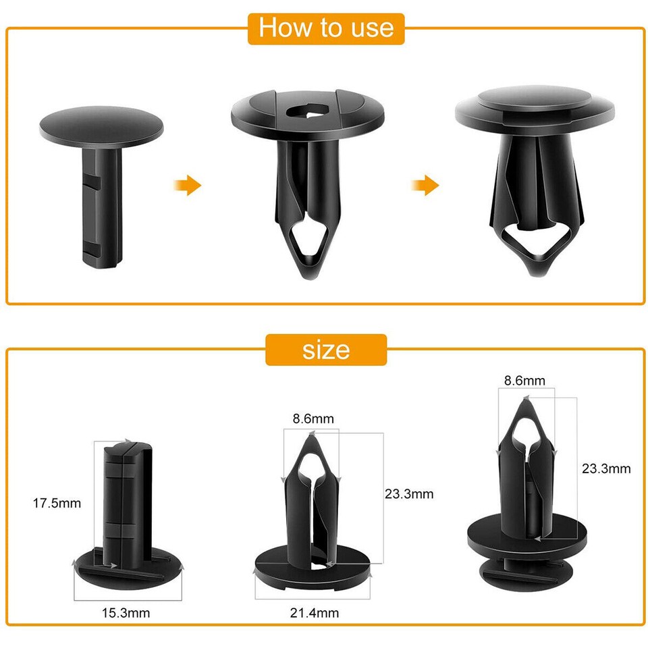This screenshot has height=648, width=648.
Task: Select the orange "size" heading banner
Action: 326,350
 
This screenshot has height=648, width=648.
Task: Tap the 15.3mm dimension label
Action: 126,614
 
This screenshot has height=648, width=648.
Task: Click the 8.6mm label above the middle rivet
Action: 313,418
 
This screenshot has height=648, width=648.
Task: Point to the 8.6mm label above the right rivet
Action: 524,380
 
